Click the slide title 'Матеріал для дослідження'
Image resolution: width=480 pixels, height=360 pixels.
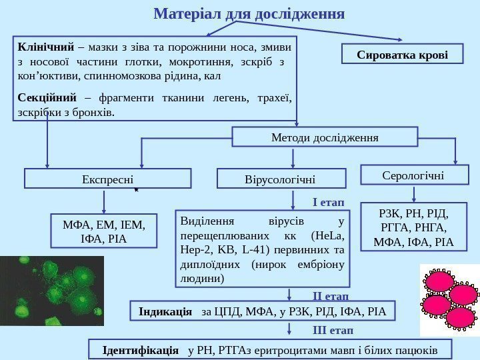(249, 13)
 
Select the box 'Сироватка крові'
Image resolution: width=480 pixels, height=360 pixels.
(402, 54)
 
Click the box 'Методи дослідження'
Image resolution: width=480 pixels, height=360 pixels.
(325, 137)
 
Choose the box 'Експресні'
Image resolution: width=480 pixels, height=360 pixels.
(107, 179)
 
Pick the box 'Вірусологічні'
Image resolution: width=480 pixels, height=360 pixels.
(283, 179)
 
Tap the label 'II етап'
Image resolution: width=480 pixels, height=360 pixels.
(330, 294)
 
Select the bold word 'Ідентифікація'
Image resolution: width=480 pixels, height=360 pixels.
(141, 349)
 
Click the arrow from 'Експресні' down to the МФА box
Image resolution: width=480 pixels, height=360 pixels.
(103, 201)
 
